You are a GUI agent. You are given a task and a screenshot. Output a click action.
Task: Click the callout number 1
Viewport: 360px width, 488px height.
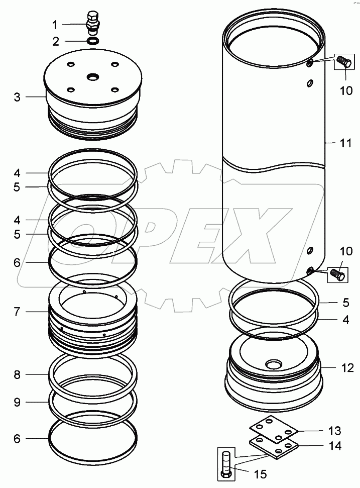tap(56, 24)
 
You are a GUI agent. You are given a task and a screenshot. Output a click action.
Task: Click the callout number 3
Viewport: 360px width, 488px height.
tap(17, 96)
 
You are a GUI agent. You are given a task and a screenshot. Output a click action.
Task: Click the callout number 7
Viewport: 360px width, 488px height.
tap(17, 312)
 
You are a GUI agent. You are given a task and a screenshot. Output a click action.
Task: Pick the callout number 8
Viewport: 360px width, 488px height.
tap(17, 374)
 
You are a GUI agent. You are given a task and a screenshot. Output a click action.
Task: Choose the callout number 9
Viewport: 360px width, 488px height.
tap(17, 402)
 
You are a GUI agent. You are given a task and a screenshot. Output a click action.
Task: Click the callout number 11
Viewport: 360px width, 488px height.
tap(344, 143)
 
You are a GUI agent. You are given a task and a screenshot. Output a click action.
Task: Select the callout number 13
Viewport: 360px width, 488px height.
tap(335, 431)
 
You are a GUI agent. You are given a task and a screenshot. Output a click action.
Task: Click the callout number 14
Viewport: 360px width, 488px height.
tap(335, 445)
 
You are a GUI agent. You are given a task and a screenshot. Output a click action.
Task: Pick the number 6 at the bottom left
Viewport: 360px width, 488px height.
tap(17, 438)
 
